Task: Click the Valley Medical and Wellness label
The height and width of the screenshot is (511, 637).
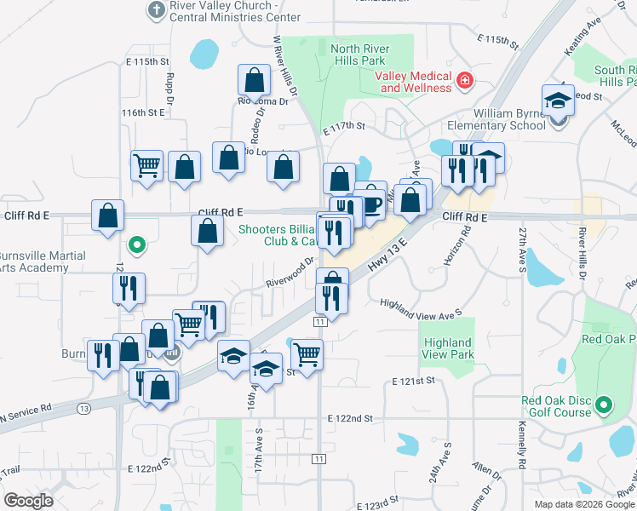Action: coord(415,82)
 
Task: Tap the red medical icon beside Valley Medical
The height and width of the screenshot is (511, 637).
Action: coord(465,82)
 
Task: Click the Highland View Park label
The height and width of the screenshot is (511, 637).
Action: coord(448,348)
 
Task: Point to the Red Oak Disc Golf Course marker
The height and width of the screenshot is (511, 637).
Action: coord(605,404)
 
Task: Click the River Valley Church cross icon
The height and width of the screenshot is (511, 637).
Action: coord(155,9)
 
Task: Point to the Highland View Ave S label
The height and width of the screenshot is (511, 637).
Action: coord(420,308)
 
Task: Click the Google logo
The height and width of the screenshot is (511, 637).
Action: coord(28,500)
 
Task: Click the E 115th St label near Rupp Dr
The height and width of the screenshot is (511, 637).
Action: coord(143,62)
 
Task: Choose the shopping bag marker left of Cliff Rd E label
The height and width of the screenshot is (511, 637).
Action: coord(107,216)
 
